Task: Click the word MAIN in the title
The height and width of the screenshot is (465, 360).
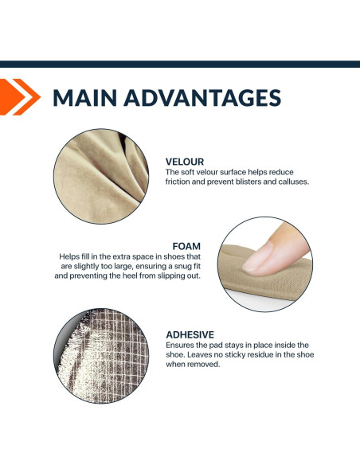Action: pos(84,98)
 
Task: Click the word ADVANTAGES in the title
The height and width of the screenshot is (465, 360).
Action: pos(202,98)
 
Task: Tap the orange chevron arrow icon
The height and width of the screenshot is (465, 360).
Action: pos(20,97)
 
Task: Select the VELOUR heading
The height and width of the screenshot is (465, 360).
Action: pos(185,162)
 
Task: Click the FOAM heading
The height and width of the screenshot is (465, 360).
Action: pos(186,246)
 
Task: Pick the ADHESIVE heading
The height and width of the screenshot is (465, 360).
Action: pos(190,334)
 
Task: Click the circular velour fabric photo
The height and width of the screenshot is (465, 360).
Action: pos(101,176)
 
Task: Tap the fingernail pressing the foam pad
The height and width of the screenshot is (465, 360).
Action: pos(257,257)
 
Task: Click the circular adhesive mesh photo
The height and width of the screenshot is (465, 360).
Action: pos(101,356)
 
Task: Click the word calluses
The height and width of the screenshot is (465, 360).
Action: pos(294,182)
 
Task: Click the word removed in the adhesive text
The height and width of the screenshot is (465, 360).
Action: pos(207,364)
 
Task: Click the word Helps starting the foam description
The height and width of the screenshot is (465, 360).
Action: pos(67,256)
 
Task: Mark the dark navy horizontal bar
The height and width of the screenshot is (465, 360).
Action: pos(180,64)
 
